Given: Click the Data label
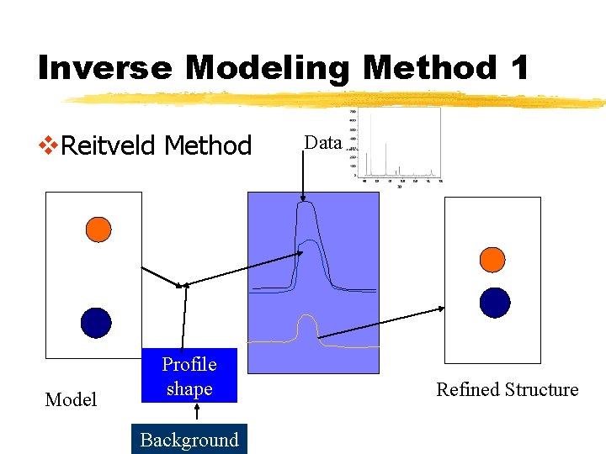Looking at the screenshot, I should pyautogui.click(x=322, y=143).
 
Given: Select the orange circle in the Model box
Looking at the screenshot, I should pyautogui.click(x=98, y=230).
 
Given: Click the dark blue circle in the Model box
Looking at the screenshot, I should pyautogui.click(x=97, y=322).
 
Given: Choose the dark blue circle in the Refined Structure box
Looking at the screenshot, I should pyautogui.click(x=495, y=303).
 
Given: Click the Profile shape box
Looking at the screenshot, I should pyautogui.click(x=189, y=376).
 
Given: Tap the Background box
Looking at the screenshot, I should pyautogui.click(x=189, y=440).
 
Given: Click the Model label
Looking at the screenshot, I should pyautogui.click(x=71, y=400).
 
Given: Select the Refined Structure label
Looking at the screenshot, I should pyautogui.click(x=507, y=390).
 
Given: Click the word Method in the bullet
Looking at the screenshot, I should pyautogui.click(x=208, y=146).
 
